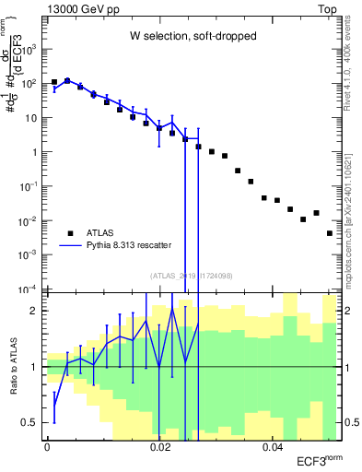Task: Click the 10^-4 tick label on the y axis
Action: tap(31, 289)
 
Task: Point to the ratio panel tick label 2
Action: tap(36, 311)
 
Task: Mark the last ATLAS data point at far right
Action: tap(330, 233)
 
